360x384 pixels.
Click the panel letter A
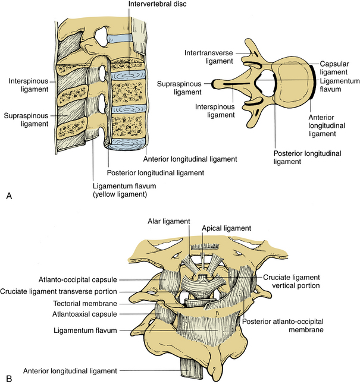tap(8, 196)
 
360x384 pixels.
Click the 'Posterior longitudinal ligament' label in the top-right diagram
tap(308, 157)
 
